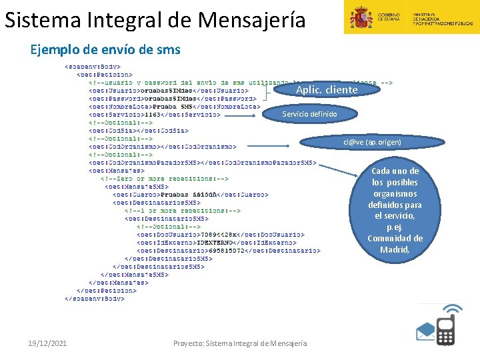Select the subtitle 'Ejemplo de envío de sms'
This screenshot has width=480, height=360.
coord(105,50)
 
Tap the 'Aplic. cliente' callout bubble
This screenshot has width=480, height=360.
coord(327,89)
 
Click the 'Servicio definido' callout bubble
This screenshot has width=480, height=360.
coord(309,115)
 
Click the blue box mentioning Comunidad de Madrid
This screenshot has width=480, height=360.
coord(395,210)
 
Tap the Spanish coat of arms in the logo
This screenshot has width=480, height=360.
coord(362,17)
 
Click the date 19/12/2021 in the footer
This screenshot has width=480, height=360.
coord(47,343)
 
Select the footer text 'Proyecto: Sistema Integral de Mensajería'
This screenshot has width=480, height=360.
coord(240,343)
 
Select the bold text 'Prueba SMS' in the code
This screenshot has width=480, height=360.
coord(173,106)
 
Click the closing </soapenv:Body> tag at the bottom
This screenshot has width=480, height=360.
coord(94,299)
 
